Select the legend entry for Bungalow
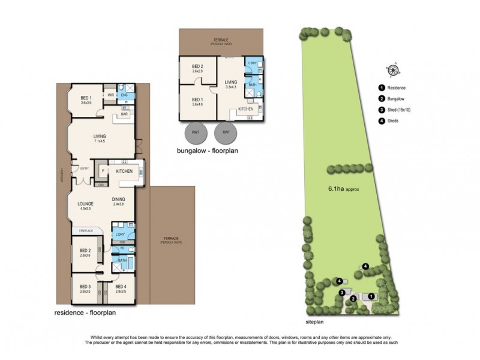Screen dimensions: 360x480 tap(396, 98)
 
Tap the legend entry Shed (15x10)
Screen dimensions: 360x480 tap(399, 110)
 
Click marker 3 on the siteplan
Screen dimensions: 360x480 tap(342, 292)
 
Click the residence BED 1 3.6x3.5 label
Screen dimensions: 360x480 tap(86, 100)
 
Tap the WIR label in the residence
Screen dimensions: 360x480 tap(111, 95)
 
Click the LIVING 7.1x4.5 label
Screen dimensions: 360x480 tap(100, 139)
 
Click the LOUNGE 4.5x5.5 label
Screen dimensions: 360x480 tap(86, 206)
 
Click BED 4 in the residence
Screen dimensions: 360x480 tap(121, 289)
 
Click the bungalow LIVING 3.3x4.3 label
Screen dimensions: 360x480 tap(230, 85)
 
